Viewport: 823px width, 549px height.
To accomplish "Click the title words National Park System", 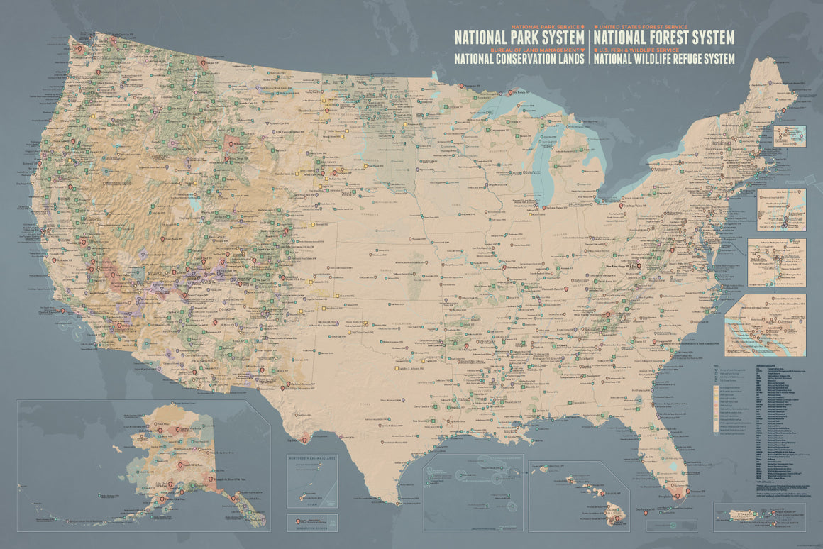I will coord(519,36).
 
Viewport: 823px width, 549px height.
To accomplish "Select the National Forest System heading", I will coord(663,36).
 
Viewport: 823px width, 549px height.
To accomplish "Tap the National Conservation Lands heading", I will coord(519,60).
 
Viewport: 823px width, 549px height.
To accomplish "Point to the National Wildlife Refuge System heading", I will coord(663,60).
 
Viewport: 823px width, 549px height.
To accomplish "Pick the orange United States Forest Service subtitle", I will coord(637,26).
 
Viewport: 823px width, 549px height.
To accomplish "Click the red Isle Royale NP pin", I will coord(509,93).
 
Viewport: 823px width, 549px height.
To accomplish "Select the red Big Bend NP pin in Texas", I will coord(305,440).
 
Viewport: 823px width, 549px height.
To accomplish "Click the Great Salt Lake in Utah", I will coord(193,203).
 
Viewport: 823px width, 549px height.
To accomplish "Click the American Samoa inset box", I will coord(312,523).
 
